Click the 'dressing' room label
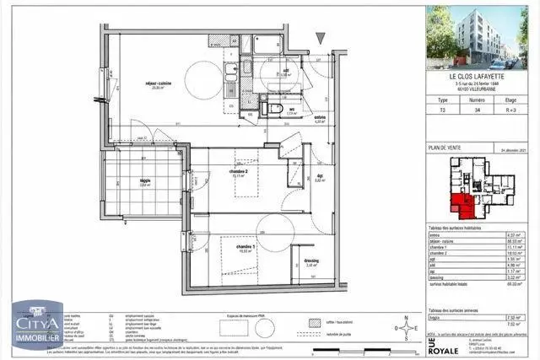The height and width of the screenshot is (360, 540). pyautogui.click(x=311, y=262)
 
